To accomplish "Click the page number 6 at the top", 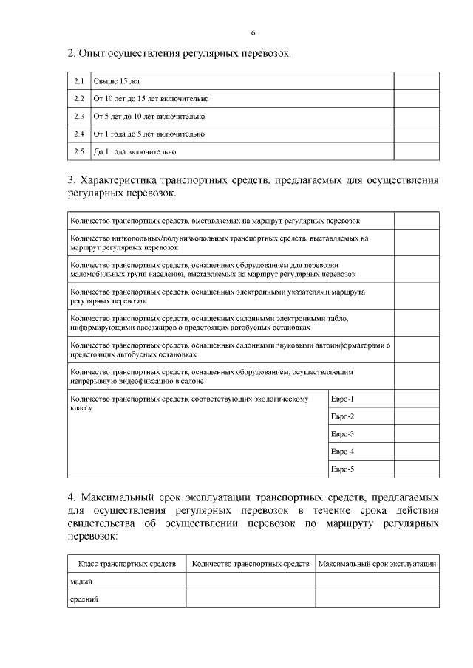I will pos(253,33).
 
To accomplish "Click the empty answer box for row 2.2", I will pos(416,99).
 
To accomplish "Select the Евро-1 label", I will pos(342,399).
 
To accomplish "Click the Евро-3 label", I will pos(342,434).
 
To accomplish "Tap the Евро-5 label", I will pos(342,469).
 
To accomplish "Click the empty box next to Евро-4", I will pos(416,452).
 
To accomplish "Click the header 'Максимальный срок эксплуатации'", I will pos(377,564).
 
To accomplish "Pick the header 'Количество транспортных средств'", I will pos(251,564).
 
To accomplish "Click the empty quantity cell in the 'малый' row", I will pos(251,582).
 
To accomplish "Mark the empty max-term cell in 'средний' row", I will pos(377,599).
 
